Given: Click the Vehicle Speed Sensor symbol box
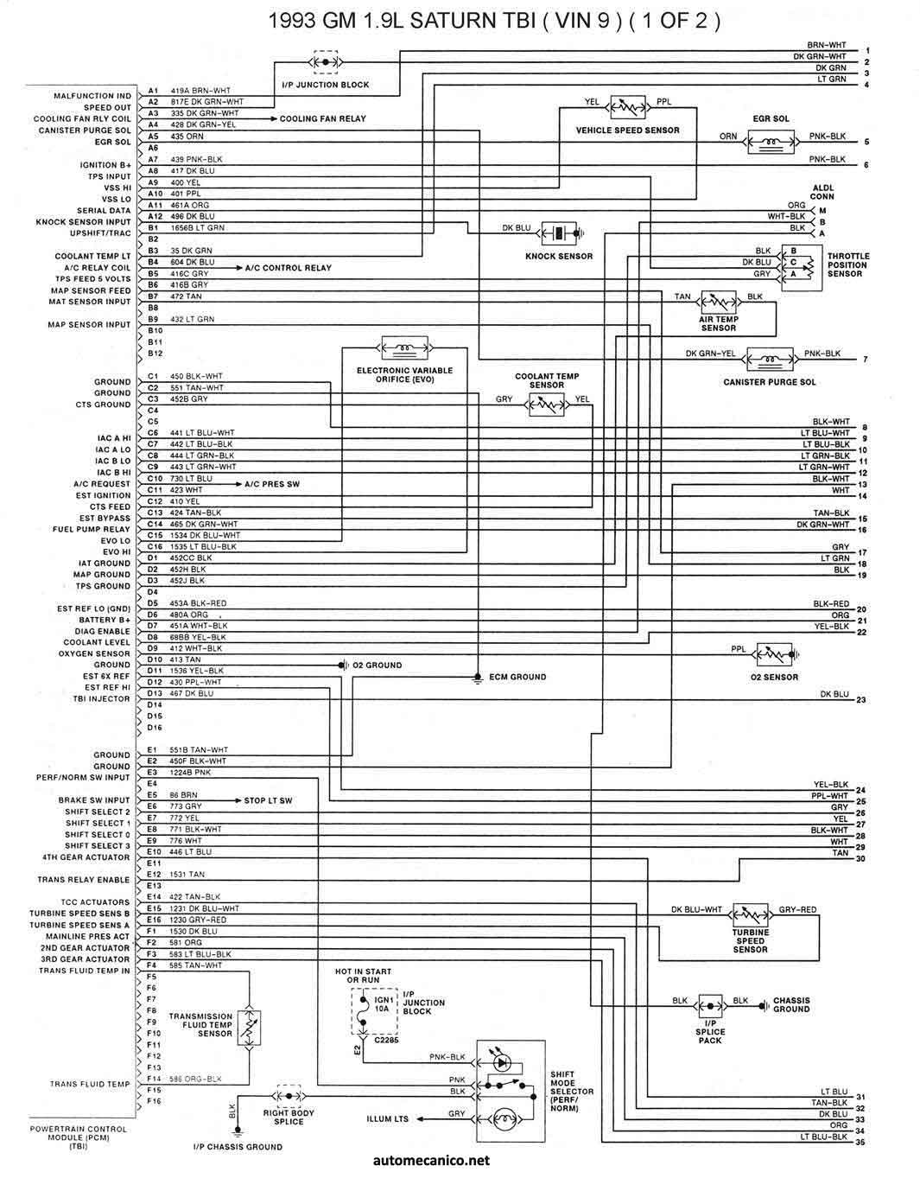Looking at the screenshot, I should [628, 108].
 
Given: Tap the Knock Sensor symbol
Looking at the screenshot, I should [559, 232].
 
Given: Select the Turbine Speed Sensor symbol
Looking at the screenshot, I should [750, 914].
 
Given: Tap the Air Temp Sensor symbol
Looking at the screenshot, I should [719, 303].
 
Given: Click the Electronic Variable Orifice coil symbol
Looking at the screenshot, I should [405, 349].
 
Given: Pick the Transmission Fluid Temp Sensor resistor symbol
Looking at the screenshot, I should [248, 1029].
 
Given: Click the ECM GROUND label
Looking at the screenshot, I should [517, 677].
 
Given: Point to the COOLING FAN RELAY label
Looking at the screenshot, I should [322, 118].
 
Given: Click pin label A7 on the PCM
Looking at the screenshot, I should [153, 159].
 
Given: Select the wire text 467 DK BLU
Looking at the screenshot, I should [192, 693].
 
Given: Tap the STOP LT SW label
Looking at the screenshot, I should [268, 800].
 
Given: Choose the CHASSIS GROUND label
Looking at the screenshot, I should [791, 1004].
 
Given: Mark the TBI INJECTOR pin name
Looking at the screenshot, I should [101, 698].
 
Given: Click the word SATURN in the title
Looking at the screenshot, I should [446, 20].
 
